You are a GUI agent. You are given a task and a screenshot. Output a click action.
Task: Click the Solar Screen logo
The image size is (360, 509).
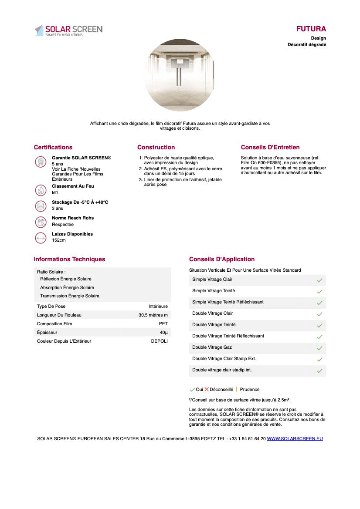pos(68,30)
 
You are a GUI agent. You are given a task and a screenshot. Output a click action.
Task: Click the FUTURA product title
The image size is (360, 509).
pos(311,29)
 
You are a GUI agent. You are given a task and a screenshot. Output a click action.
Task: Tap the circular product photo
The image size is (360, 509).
pos(179,75)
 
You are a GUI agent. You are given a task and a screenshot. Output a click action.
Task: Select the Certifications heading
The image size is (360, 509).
pos(53,147)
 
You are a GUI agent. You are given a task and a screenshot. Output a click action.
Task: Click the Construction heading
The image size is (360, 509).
pos(156,147)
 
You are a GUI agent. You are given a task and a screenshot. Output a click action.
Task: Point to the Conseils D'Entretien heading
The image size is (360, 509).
pos(270,147)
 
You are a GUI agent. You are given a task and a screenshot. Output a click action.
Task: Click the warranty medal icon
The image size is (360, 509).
pos(41,162)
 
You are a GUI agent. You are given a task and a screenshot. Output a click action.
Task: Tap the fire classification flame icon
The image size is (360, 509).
pos(41,190)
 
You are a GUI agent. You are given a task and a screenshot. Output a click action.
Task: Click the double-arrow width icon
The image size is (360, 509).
pos(41,238)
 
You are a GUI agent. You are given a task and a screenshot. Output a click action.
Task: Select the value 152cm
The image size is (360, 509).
pos(59,240)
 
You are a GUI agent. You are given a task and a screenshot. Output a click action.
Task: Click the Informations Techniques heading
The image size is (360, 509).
pos(69,259)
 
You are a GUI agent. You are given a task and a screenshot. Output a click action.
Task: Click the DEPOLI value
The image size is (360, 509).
pos(159,341)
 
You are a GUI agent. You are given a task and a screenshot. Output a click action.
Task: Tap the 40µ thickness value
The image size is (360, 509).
pos(163,332)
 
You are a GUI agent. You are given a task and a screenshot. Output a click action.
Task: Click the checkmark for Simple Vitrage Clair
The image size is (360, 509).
pos(319,280)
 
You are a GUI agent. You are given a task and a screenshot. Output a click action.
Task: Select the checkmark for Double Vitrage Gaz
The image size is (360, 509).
pos(319,348)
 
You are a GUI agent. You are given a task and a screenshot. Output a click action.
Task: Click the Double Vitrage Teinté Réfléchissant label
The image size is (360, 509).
pos(228,336)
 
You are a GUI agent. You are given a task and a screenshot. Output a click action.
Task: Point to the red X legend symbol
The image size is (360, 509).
pos(207,389)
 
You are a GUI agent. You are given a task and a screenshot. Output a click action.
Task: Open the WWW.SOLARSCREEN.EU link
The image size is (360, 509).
pos(295,438)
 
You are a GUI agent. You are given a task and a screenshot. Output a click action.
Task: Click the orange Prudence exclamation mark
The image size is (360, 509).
pos(236,389)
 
